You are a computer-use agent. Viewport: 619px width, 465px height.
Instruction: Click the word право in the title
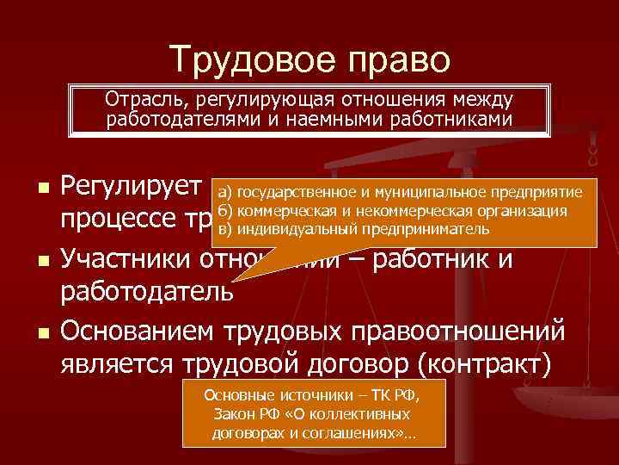(395, 60)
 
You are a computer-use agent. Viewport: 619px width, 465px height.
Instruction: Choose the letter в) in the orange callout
(225, 229)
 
